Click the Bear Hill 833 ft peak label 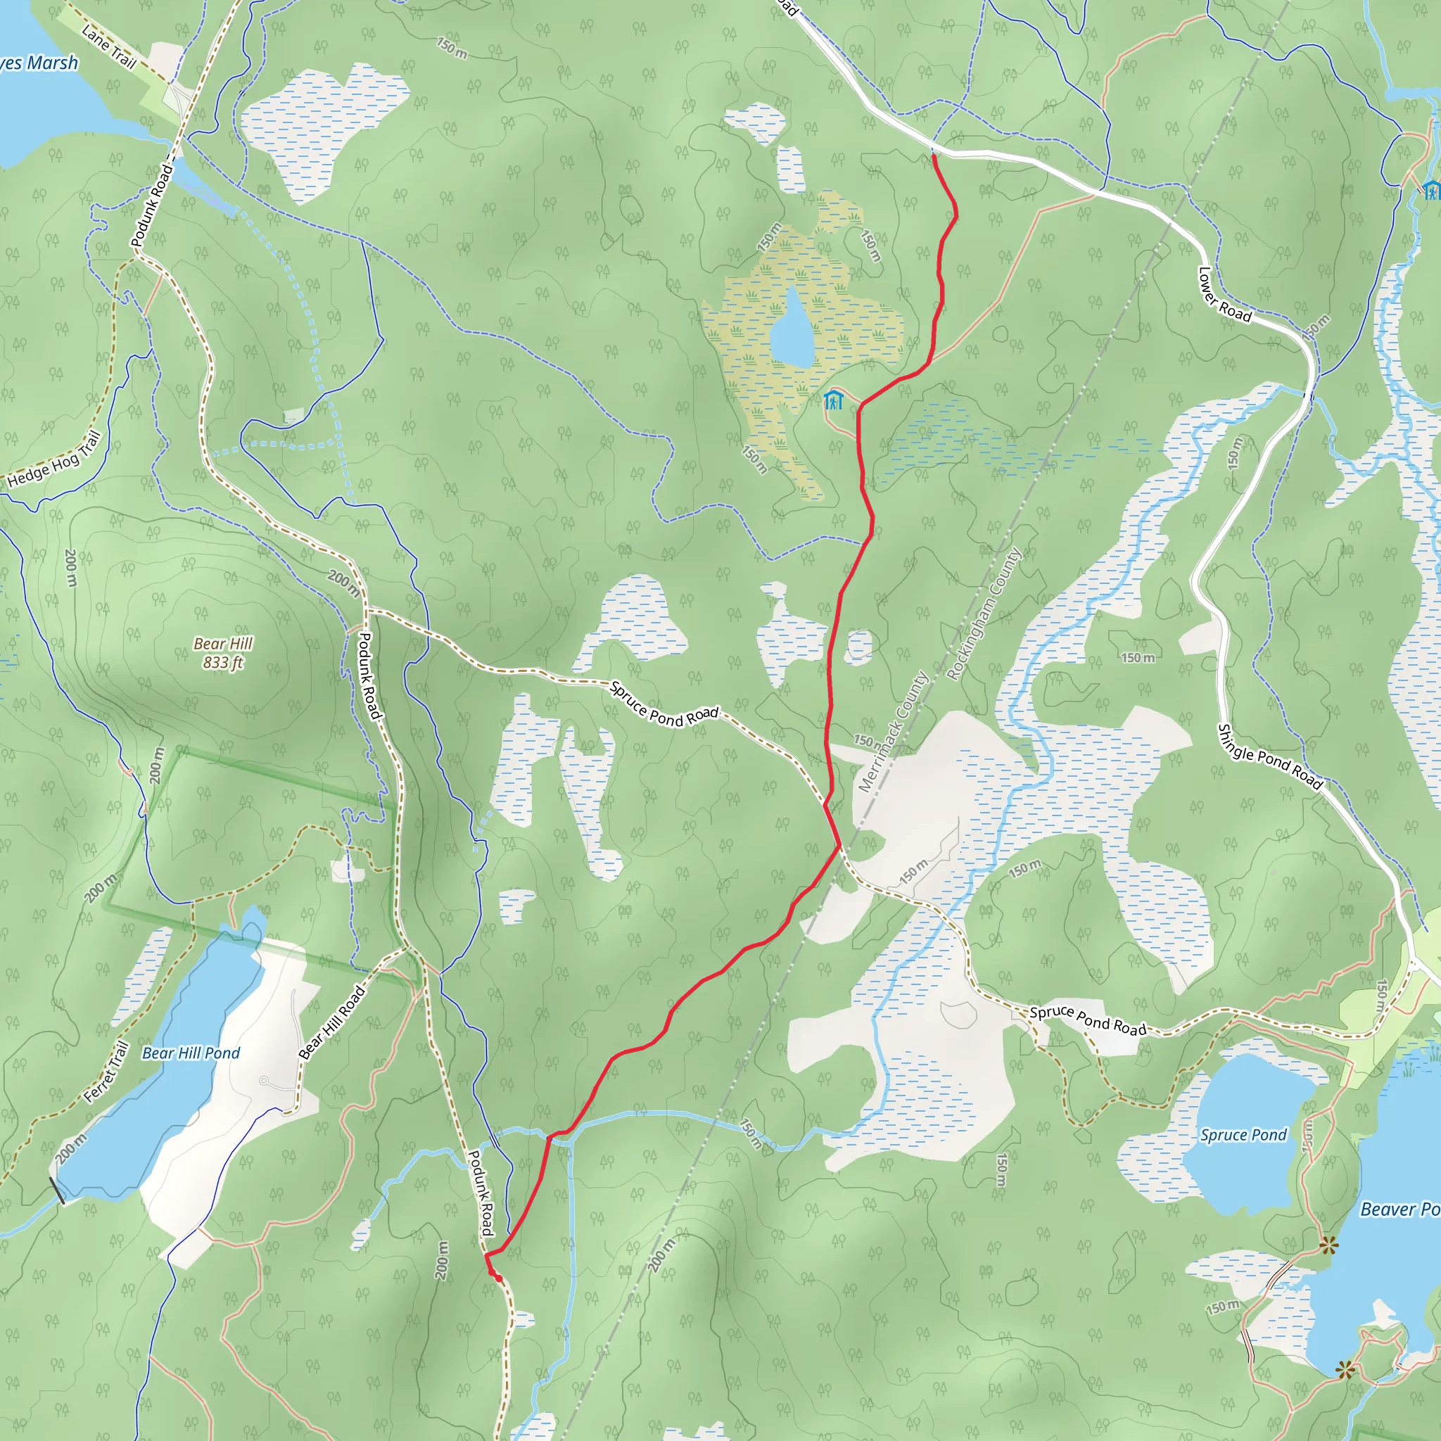pos(223,653)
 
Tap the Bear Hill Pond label pos(191,1053)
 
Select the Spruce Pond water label pos(1243,1135)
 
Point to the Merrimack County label pos(892,732)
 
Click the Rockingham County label pos(983,614)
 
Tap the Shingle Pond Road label pos(1269,757)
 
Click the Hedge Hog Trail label pos(53,459)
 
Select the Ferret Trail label pos(107,1072)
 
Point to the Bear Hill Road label pos(332,1022)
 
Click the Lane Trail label pos(109,47)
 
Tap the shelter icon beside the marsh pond pos(833,400)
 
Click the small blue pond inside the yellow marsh pos(792,329)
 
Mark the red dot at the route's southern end pos(498,1278)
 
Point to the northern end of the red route pos(934,156)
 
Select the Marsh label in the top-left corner pos(41,63)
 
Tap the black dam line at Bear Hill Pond pos(57,1191)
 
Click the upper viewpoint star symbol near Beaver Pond pos(1328,1244)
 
